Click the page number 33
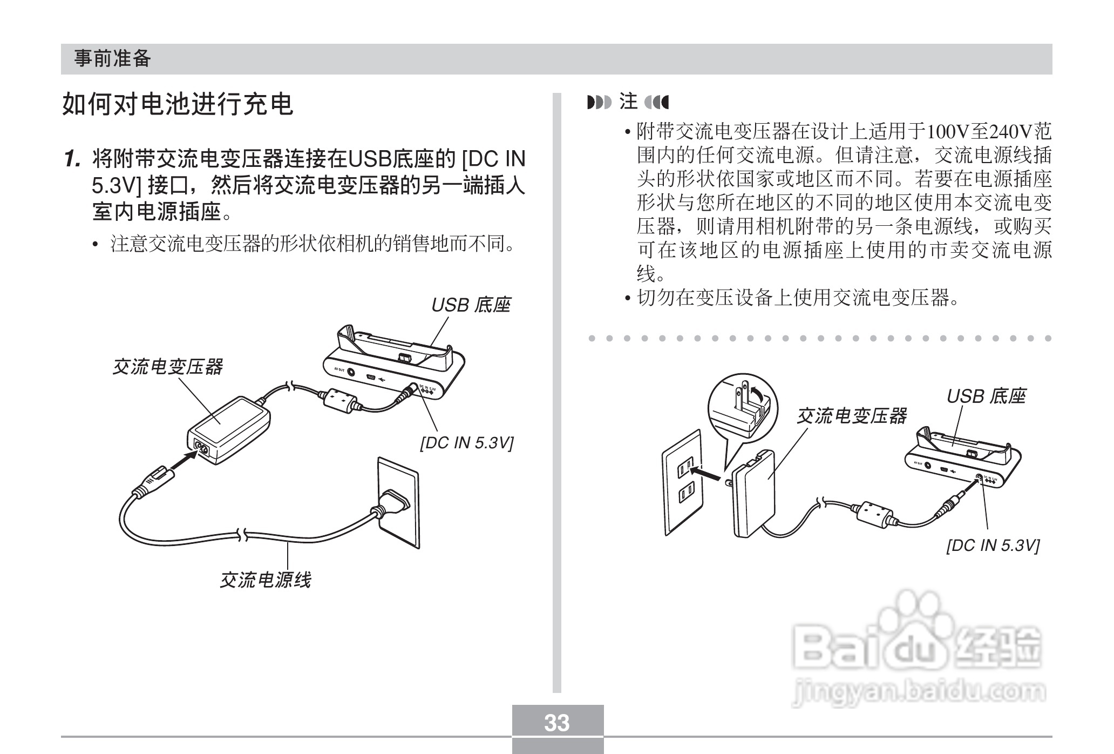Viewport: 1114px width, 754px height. click(x=557, y=723)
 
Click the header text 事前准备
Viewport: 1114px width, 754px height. click(x=112, y=58)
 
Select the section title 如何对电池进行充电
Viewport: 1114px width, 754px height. click(x=178, y=104)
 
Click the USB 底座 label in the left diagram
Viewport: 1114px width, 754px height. click(x=471, y=305)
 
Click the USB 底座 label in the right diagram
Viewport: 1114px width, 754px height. click(x=986, y=396)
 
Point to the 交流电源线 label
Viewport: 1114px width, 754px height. click(x=265, y=580)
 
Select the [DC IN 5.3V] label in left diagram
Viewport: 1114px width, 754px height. click(x=467, y=443)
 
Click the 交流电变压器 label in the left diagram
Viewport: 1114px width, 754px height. click(x=167, y=367)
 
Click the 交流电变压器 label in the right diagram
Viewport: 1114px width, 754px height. click(x=852, y=416)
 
